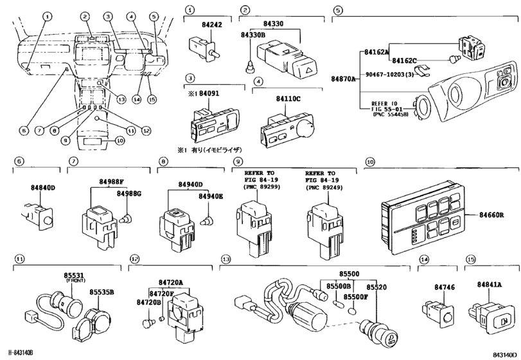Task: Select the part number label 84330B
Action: [253, 36]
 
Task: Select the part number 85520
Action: [376, 287]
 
